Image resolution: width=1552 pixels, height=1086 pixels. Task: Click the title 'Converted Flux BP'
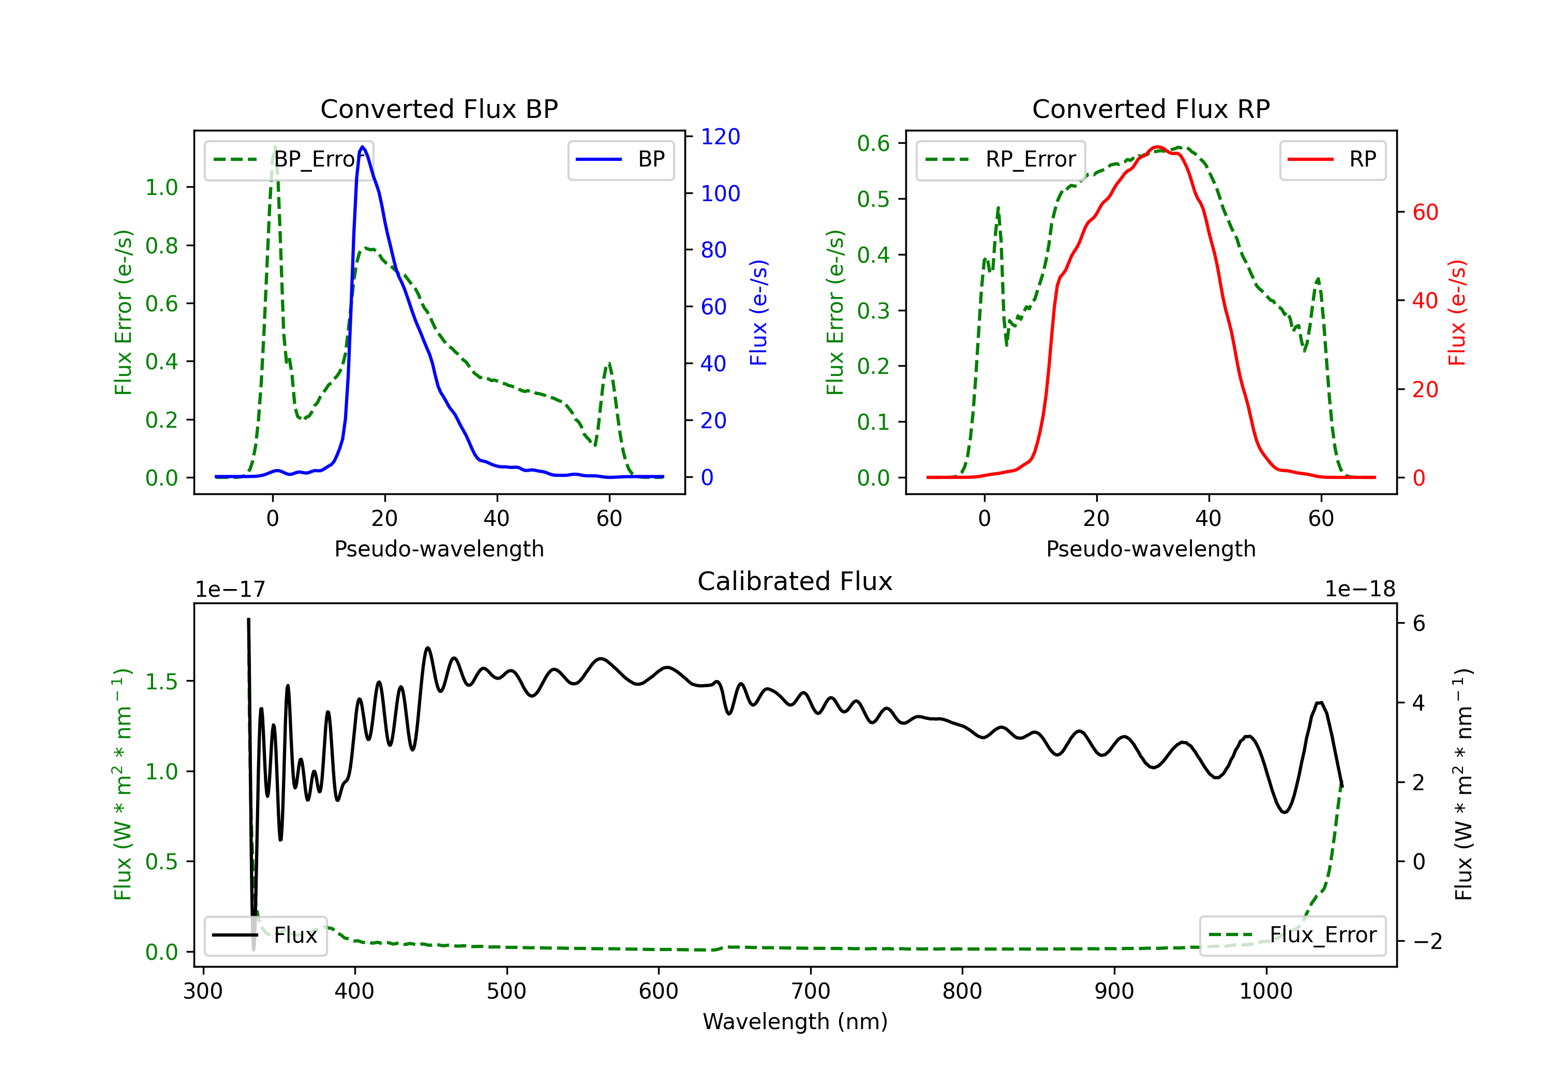[439, 109]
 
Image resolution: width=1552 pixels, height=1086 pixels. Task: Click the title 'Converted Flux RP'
[1151, 109]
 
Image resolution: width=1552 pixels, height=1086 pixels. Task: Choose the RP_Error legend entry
[1001, 159]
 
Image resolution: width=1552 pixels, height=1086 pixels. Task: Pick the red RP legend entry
[1332, 159]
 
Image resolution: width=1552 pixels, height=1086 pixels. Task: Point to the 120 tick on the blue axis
[720, 137]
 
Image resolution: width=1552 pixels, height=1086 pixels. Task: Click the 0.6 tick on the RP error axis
[873, 143]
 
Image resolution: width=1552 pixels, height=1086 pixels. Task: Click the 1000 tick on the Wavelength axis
[1265, 991]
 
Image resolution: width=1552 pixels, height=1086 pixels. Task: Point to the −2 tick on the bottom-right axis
[1427, 941]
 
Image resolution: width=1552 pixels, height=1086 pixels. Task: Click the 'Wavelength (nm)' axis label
[795, 1022]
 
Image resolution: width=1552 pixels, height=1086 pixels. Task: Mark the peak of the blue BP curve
[363, 147]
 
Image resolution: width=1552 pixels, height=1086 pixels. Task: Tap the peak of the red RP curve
[1157, 147]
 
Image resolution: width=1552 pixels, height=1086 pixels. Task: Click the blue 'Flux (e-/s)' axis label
[758, 312]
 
